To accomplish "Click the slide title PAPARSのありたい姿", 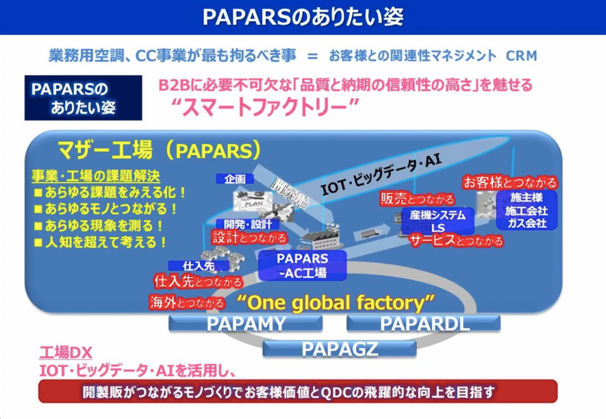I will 303,17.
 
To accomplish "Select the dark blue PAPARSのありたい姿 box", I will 83,99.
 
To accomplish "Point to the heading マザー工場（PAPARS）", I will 159,149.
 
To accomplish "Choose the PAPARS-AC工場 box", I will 302,265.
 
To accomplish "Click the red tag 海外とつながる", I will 187,301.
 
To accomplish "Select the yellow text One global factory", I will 336,302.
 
